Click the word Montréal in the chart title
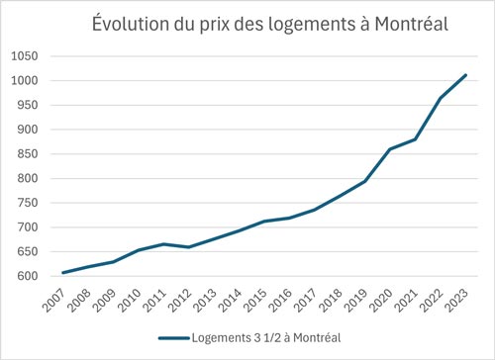401,23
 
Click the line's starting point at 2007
61,273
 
